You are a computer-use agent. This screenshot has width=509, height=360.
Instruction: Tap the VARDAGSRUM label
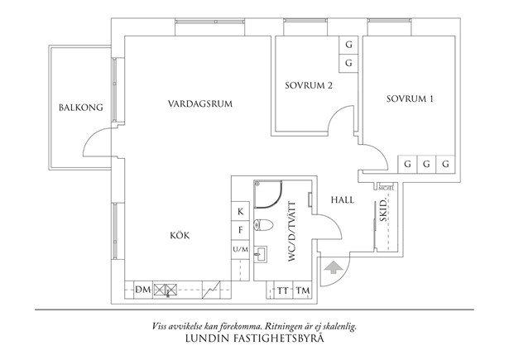(x=199, y=104)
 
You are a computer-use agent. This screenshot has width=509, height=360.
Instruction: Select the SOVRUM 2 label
(x=309, y=85)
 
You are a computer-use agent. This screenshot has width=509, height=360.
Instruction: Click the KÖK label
(x=180, y=236)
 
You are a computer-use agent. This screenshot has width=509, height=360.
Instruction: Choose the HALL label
(x=343, y=200)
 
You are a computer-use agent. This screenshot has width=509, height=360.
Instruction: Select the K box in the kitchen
(x=240, y=212)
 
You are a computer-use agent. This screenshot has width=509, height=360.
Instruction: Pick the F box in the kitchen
(x=240, y=231)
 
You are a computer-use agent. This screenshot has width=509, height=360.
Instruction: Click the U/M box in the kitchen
(x=240, y=249)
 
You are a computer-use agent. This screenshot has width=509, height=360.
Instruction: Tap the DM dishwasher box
(x=142, y=290)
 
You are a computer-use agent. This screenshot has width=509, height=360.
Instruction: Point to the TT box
(x=283, y=290)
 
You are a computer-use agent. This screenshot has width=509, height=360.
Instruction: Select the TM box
(x=303, y=290)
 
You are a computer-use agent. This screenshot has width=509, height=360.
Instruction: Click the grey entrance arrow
(x=334, y=266)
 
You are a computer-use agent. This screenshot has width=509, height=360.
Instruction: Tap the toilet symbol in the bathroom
(x=262, y=223)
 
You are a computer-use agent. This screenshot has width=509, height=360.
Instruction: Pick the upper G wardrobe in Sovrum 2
(x=348, y=45)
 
